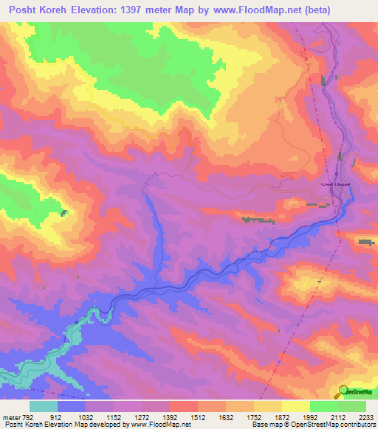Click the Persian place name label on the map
tap(325, 179)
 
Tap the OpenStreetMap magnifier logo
tap(343, 391)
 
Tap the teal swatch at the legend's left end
tap(44, 406)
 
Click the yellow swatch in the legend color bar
tap(295, 406)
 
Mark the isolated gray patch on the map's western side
tap(65, 213)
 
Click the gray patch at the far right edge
tap(366, 242)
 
